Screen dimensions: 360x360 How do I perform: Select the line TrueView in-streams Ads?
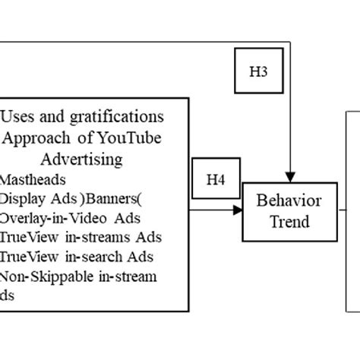81,237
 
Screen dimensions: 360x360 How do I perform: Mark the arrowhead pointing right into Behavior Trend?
237,212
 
